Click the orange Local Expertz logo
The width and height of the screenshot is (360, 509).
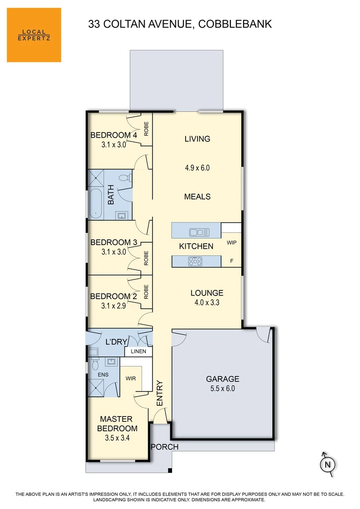34,35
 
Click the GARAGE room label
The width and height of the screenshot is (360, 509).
222,379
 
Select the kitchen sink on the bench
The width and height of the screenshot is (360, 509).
199,232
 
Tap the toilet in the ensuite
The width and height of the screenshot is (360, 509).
95,364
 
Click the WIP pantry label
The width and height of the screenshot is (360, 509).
231,243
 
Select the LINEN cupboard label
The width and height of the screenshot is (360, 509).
139,352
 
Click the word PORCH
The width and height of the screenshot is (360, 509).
164,447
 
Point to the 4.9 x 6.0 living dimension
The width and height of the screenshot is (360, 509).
197,167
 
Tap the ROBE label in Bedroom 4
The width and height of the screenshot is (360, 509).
147,129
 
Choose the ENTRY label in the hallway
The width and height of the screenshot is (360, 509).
159,393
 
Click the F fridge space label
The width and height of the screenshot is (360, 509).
231,260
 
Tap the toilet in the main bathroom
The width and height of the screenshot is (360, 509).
124,179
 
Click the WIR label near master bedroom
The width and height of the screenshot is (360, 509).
131,378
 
